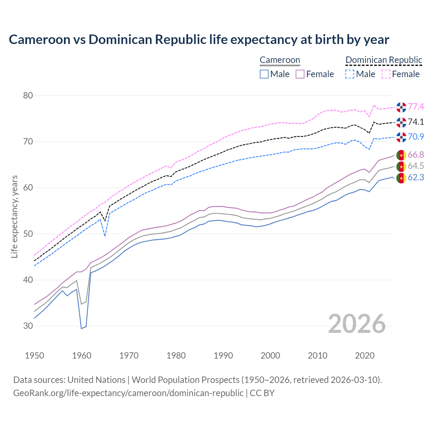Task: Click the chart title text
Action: point(199,40)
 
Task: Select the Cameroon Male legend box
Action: point(264,74)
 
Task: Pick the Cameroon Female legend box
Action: point(300,74)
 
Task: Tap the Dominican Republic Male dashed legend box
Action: point(350,74)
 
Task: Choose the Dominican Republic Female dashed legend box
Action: point(386,74)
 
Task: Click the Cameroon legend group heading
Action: point(280,60)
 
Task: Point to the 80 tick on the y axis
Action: point(28,96)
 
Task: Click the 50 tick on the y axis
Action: point(28,234)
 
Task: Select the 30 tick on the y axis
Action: point(28,326)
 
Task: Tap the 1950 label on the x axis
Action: point(35,356)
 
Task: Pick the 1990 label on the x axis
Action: point(223,356)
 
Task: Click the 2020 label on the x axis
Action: point(365,356)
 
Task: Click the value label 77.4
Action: point(416,107)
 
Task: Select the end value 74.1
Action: point(416,122)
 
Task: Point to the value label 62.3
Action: point(416,178)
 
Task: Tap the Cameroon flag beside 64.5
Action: point(401,166)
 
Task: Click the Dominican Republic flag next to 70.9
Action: point(401,137)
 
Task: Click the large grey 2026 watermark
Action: point(357,324)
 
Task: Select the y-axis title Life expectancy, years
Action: point(15,216)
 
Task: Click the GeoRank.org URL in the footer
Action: point(128,393)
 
